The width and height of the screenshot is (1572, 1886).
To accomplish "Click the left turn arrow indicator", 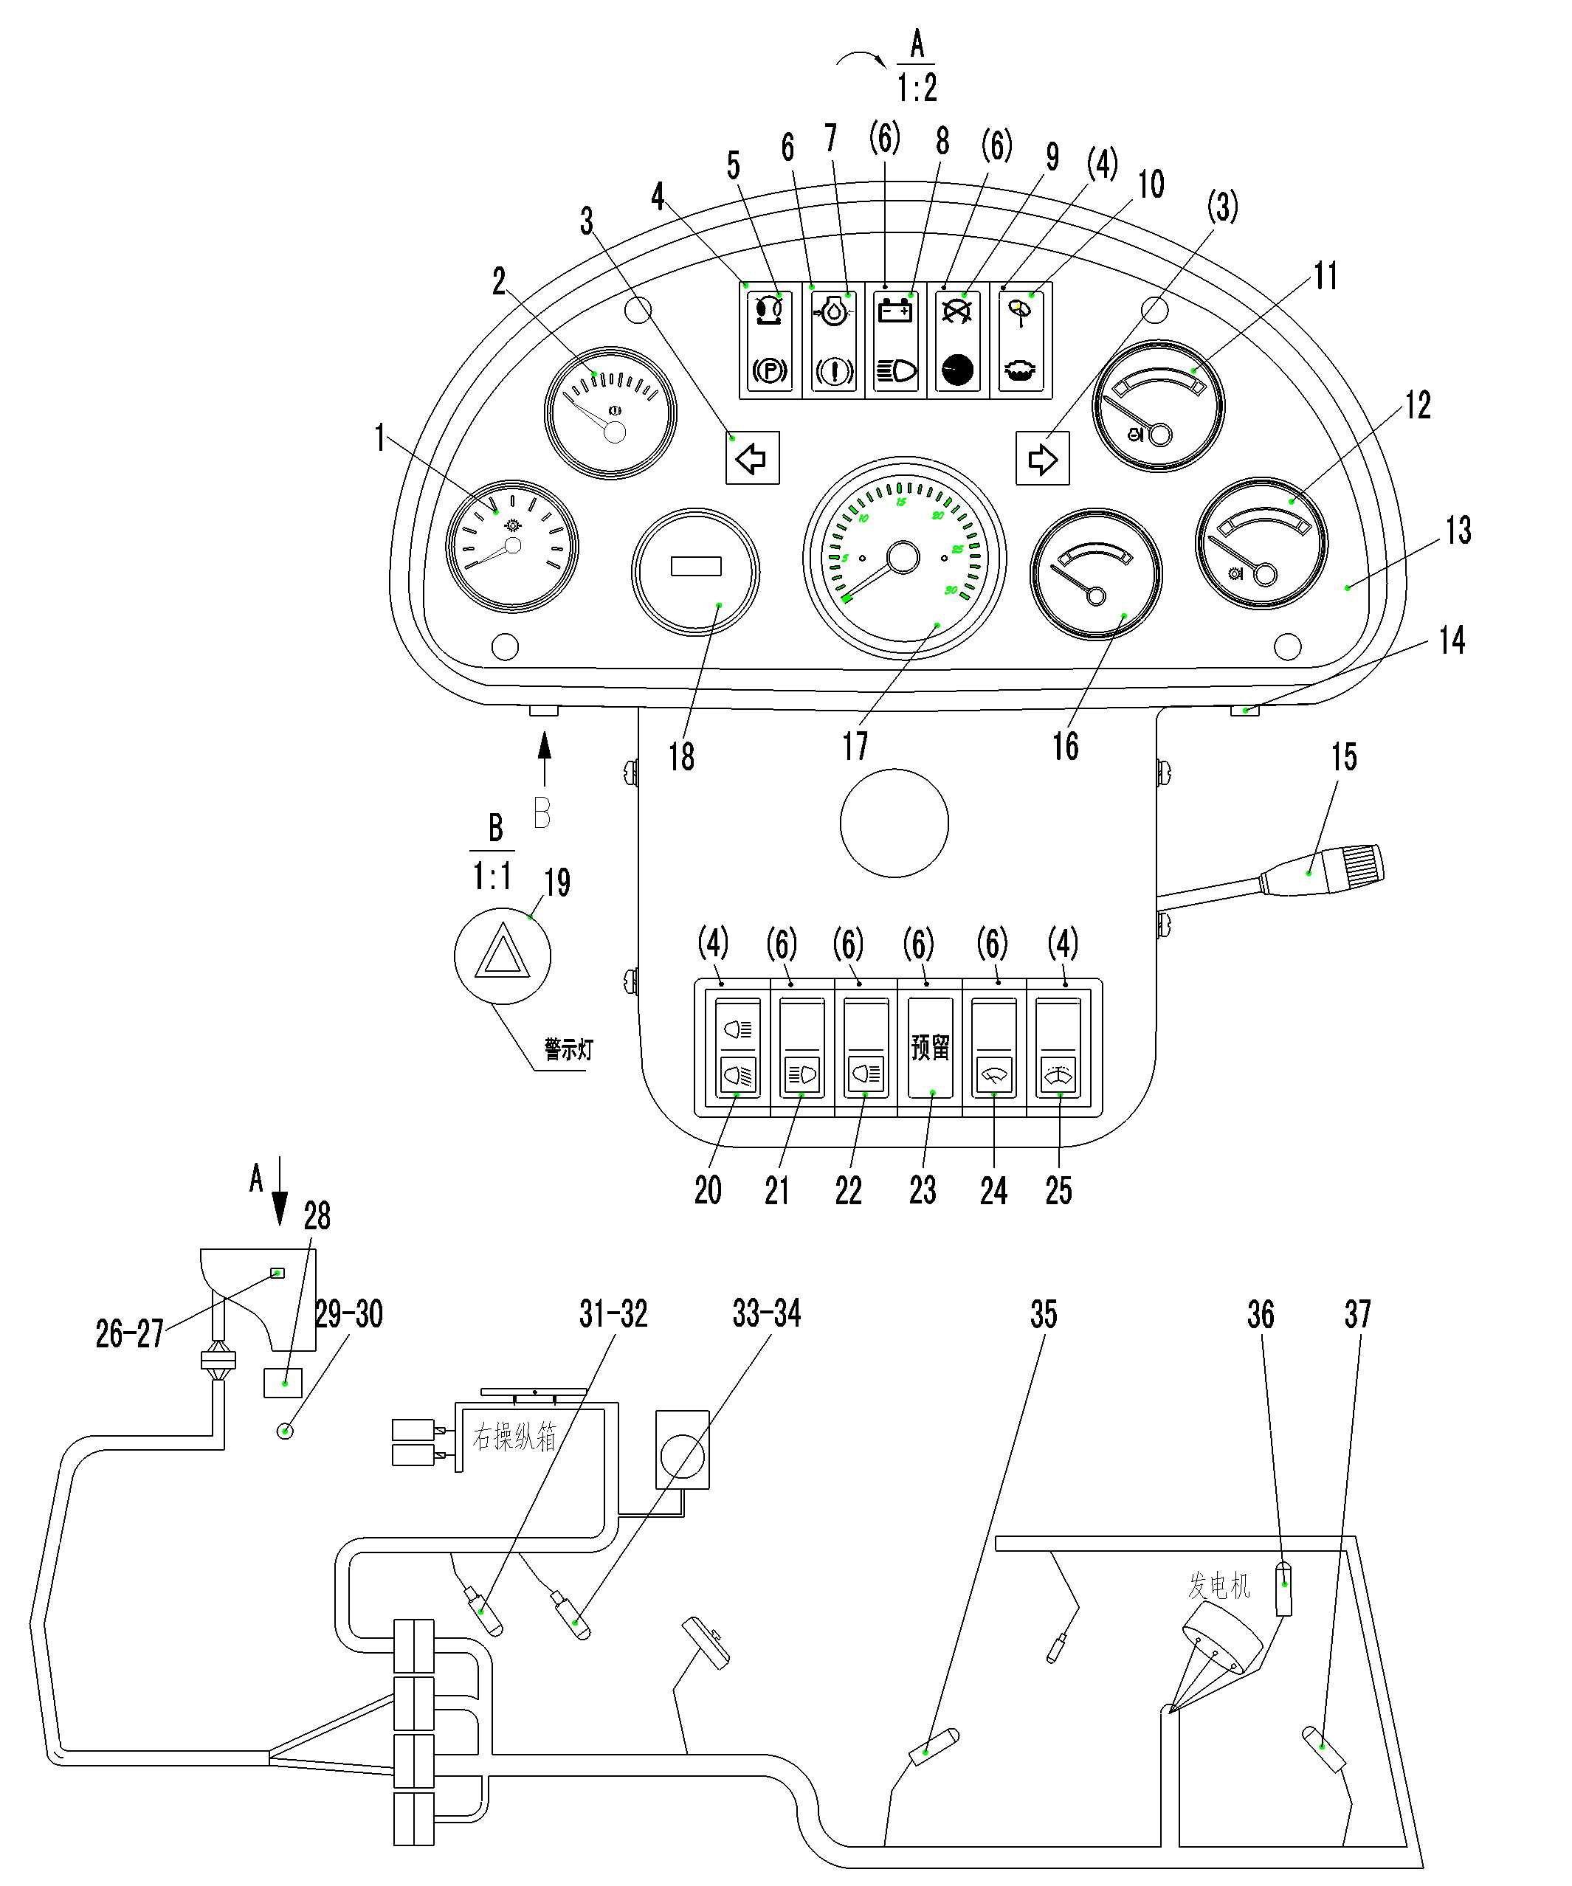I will [752, 459].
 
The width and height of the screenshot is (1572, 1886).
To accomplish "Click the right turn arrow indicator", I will [1042, 459].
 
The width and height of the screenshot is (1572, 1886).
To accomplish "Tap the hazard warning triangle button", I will [501, 954].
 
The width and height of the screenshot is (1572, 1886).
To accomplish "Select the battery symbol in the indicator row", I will [895, 311].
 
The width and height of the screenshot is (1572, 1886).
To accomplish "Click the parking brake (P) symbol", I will [770, 370].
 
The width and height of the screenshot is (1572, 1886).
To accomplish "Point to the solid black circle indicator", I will [957, 370].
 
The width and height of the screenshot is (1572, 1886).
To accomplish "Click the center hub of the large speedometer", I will [902, 558].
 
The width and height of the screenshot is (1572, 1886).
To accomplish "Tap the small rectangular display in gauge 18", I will [696, 566].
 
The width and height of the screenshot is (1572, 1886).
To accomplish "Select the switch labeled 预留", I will [930, 1047].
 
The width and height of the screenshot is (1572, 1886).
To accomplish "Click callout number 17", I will [855, 745].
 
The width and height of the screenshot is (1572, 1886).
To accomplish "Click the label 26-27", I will [130, 1333].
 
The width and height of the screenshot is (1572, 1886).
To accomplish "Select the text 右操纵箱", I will [514, 1438].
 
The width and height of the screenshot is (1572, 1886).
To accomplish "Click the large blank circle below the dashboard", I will [894, 823].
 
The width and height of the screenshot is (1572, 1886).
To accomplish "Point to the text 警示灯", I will [568, 1049].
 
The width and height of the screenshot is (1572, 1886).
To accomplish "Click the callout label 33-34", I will [766, 1315].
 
